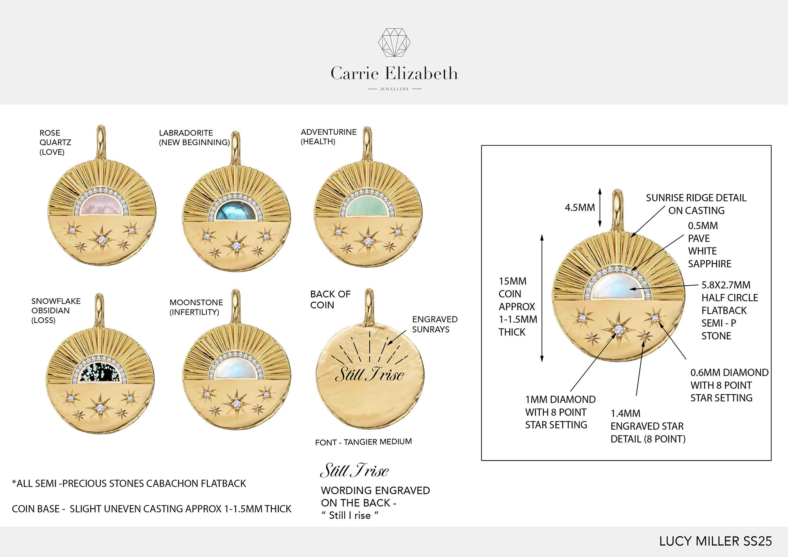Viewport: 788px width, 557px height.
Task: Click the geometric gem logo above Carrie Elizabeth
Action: pos(394,42)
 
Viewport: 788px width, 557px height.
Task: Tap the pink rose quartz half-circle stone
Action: pos(102,205)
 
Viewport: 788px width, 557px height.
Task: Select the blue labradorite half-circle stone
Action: pos(236,210)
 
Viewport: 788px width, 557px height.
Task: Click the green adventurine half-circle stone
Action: pos(368,207)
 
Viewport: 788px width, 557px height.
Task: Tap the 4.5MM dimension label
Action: pos(580,208)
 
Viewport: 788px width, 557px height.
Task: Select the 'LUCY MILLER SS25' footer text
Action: pos(715,541)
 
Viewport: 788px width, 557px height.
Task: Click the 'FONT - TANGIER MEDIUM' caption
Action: pos(363,442)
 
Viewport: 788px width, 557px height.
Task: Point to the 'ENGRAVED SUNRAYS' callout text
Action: pos(434,324)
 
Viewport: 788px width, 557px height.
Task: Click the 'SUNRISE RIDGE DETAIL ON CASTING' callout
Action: pos(696,204)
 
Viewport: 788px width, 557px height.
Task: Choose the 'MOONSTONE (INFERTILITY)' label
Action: pos(196,307)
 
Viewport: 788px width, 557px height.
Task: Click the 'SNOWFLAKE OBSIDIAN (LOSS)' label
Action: pos(55,310)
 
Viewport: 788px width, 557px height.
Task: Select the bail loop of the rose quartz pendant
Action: pos(101,142)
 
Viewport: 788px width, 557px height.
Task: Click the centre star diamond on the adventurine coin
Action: pos(368,241)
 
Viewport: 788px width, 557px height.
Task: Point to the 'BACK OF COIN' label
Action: pos(330,299)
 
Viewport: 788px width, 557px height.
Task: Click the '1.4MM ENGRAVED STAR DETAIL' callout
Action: pos(648,426)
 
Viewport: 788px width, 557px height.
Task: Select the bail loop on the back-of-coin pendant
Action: pos(369,306)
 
